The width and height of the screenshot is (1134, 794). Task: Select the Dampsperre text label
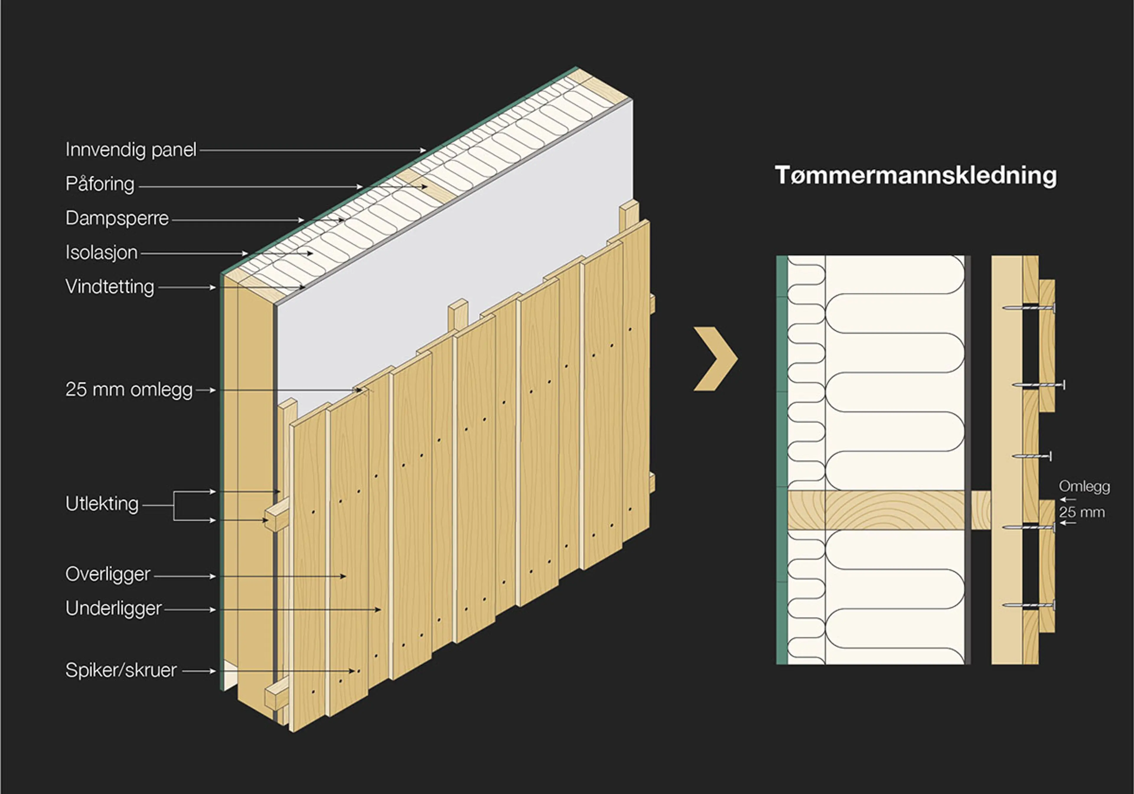(x=117, y=218)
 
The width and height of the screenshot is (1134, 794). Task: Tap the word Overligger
(x=108, y=575)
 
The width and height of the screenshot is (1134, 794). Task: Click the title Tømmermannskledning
(x=916, y=176)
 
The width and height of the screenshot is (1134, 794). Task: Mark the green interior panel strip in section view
(x=782, y=460)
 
